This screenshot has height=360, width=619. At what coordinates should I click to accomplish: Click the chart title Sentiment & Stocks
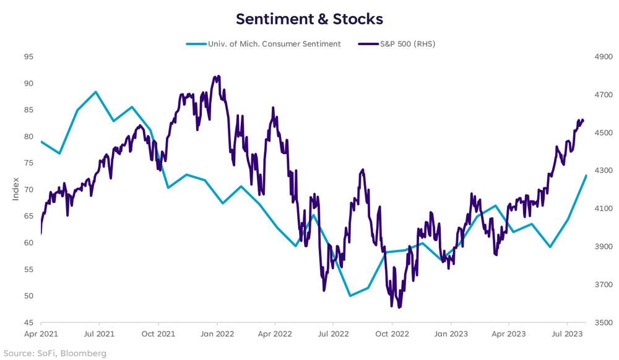[x=309, y=19]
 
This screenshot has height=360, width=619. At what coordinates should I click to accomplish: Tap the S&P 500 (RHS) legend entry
[x=399, y=44]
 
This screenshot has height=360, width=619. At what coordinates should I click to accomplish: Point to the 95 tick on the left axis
[x=29, y=57]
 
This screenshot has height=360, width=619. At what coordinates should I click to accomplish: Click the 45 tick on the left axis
[x=29, y=323]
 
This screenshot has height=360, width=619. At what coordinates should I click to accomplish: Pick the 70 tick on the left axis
[x=29, y=190]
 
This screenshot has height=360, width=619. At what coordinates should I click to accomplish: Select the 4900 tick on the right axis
[x=602, y=57]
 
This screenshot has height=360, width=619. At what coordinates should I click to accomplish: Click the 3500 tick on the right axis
[x=602, y=323]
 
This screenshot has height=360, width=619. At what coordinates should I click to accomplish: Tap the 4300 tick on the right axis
[x=602, y=171]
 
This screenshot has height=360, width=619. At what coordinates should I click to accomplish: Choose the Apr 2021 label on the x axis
[x=41, y=333]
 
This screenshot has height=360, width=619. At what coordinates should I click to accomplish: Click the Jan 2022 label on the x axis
[x=217, y=333]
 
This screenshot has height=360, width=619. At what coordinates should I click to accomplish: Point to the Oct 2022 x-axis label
[x=391, y=333]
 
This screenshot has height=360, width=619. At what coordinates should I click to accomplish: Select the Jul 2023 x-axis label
[x=566, y=333]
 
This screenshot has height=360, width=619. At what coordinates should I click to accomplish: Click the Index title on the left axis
[x=16, y=190]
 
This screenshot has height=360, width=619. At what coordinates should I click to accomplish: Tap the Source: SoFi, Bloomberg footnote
[x=53, y=353]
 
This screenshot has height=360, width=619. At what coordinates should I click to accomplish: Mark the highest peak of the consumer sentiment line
[x=96, y=92]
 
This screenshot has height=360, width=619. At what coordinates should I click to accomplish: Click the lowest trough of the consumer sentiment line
[x=350, y=296]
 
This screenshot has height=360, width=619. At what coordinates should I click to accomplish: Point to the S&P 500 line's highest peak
[x=219, y=76]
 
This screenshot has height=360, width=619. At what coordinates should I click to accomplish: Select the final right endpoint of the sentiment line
[x=586, y=176]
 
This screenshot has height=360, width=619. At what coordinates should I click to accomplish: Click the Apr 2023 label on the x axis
[x=508, y=333]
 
